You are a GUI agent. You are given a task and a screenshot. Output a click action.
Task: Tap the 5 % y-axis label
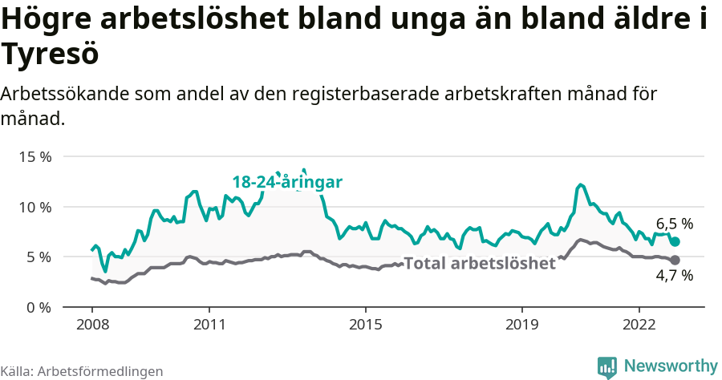pyautogui.click(x=39, y=257)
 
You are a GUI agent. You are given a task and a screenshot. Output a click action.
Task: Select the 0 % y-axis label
pyautogui.click(x=39, y=308)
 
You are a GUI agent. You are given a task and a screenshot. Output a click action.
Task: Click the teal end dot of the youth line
pyautogui.click(x=675, y=241)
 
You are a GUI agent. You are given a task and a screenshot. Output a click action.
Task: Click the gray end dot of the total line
pyautogui.click(x=675, y=260)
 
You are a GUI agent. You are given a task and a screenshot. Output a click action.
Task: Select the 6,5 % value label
pyautogui.click(x=674, y=224)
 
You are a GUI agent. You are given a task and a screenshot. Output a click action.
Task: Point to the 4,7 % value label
pyautogui.click(x=674, y=277)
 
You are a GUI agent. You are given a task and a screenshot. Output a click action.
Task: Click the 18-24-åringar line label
pyautogui.click(x=287, y=183)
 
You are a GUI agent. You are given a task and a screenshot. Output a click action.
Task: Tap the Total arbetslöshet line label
pyautogui.click(x=479, y=264)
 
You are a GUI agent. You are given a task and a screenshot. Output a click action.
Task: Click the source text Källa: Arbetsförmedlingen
pyautogui.click(x=82, y=371)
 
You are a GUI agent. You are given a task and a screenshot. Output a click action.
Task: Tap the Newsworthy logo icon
pyautogui.click(x=607, y=366)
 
